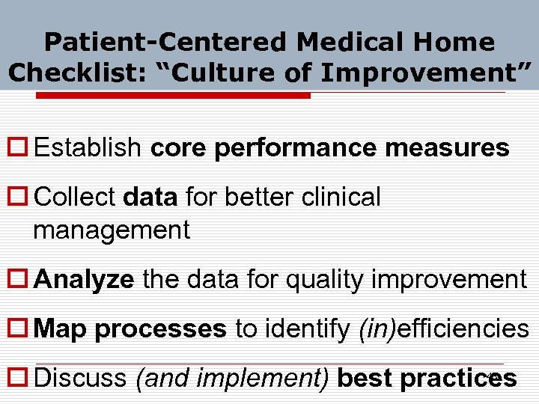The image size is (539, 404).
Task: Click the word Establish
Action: coord(88,148)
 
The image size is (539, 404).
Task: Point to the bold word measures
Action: coord(447,148)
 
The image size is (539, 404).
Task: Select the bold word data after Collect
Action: coord(150,198)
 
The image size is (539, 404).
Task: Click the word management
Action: coord(112,230)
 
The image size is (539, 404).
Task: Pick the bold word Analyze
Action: coord(85,280)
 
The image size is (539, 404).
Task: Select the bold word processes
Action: coord(160,329)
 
